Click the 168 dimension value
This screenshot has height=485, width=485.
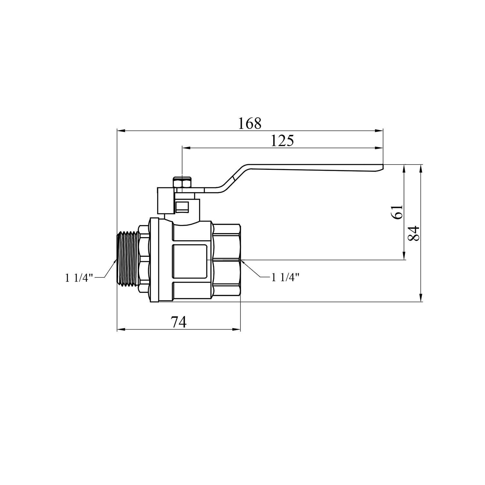tap(249, 123)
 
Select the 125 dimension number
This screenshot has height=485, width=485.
tap(282, 141)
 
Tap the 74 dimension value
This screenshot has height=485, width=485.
tap(179, 322)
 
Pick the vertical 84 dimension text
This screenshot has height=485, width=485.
tap(414, 233)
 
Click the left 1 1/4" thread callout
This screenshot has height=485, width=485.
tap(79, 278)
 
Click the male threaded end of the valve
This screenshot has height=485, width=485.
tap(127, 258)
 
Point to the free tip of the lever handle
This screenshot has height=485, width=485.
tap(383, 167)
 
